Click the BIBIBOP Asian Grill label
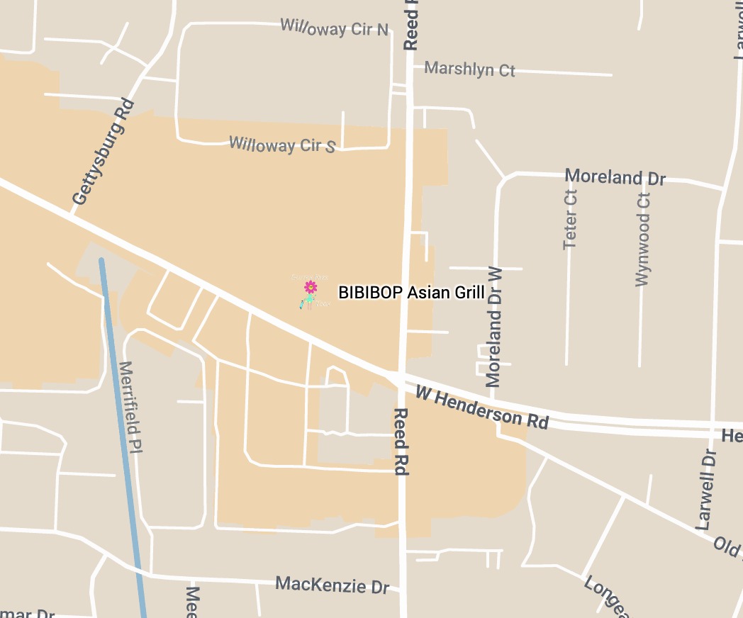(411, 293)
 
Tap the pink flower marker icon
(310, 287)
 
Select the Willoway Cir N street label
(335, 28)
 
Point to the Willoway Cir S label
(282, 145)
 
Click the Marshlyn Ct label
(469, 69)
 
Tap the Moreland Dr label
(615, 176)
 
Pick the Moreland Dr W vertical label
(494, 326)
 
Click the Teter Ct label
(570, 219)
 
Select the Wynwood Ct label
(643, 239)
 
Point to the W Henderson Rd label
(482, 407)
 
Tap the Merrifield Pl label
(131, 408)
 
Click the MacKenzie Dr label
(333, 585)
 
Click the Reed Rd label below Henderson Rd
(401, 441)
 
